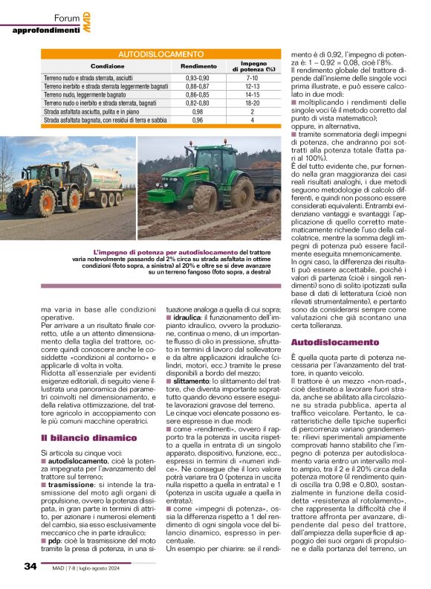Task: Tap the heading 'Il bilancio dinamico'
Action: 78,418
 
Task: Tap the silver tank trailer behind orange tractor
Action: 101,182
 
